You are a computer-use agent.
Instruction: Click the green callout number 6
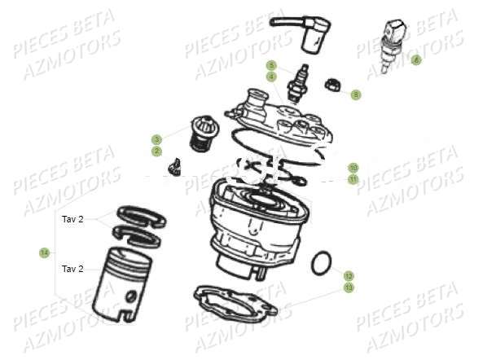click(x=416, y=59)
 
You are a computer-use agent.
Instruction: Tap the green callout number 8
click(x=356, y=94)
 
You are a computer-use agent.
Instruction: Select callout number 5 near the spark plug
click(x=272, y=65)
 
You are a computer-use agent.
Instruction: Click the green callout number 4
click(x=272, y=77)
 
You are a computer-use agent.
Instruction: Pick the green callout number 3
click(x=156, y=139)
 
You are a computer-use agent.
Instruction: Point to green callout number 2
click(x=156, y=151)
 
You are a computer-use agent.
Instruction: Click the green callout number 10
click(x=353, y=168)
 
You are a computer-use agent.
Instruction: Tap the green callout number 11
click(x=353, y=179)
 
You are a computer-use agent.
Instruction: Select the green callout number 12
click(x=349, y=276)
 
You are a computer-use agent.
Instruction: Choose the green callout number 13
click(x=349, y=288)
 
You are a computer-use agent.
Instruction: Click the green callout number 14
click(x=44, y=253)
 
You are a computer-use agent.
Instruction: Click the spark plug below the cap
click(x=297, y=83)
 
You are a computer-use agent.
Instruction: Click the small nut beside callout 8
click(x=333, y=85)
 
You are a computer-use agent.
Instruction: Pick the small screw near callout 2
click(x=174, y=167)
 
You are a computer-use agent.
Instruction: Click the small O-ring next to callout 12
click(x=321, y=263)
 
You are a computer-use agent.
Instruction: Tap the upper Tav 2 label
click(x=72, y=219)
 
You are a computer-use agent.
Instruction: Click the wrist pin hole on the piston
click(x=130, y=296)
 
